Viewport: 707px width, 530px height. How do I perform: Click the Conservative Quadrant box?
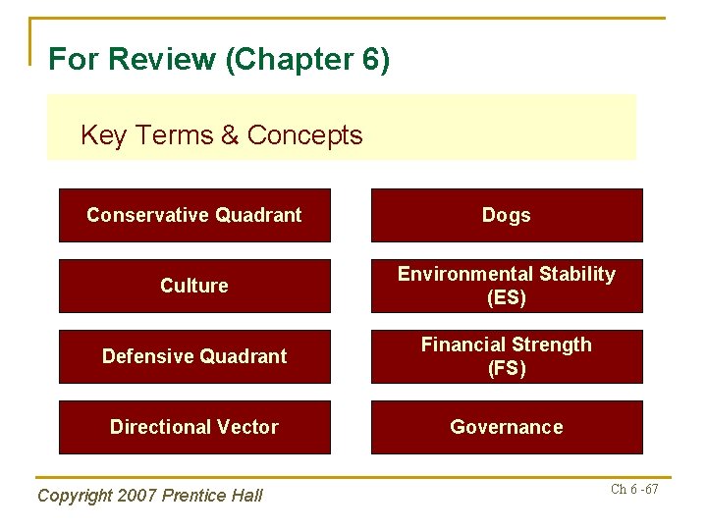pos(194,215)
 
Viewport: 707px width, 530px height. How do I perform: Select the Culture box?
pos(194,286)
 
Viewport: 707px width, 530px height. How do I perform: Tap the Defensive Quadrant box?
pos(194,356)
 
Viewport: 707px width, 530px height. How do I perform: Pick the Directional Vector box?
pos(194,427)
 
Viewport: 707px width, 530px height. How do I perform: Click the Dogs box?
pos(507,215)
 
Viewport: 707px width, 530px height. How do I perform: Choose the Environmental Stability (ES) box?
pos(507,286)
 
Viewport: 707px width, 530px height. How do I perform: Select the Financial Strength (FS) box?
pos(507,356)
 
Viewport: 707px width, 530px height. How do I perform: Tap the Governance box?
pos(507,427)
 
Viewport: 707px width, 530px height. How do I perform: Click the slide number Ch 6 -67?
pos(634,489)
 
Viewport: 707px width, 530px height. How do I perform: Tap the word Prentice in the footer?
pos(195,496)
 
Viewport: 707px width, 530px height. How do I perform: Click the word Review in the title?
pos(163,60)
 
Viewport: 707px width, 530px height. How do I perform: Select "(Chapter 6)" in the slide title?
pos(307,60)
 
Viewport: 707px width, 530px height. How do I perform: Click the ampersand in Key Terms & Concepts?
pos(230,135)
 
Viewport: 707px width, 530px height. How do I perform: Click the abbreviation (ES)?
pos(507,297)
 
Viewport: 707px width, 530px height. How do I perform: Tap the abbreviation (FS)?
pos(507,369)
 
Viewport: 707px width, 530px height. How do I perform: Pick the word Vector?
pos(245,427)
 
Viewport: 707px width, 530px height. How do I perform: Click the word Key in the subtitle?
pos(103,135)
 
